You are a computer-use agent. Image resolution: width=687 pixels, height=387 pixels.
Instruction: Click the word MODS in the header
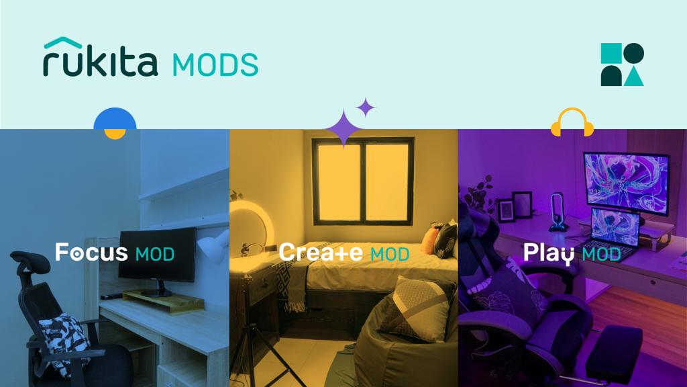[x=215, y=65]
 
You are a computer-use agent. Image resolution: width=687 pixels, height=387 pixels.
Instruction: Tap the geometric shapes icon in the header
[x=622, y=64]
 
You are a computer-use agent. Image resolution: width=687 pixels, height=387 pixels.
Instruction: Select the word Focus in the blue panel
[x=91, y=253]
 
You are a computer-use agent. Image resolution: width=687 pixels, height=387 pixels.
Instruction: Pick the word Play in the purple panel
[x=549, y=253]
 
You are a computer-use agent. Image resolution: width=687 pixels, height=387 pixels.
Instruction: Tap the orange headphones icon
[x=572, y=123]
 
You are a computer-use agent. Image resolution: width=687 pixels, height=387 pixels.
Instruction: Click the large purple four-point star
[x=343, y=128]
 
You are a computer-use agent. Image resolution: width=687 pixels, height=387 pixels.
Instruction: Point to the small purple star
[x=366, y=107]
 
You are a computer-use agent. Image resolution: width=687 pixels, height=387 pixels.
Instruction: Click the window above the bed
[x=363, y=181]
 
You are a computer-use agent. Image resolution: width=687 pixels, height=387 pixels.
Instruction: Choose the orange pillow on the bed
[x=429, y=240]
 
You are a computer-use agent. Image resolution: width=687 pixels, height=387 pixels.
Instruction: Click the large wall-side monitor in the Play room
[x=626, y=181]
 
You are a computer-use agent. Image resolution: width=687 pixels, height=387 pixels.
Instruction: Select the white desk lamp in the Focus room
[x=214, y=245]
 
